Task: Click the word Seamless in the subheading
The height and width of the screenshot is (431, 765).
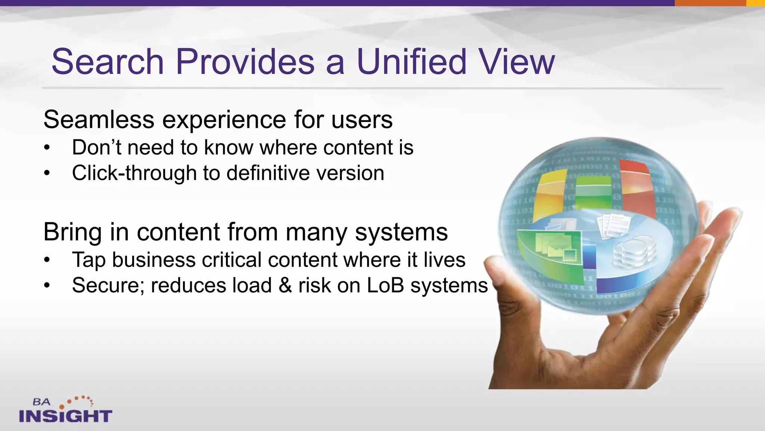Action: [99, 120]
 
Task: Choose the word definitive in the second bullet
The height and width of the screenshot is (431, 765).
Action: [268, 173]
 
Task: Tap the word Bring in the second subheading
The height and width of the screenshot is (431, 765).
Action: [72, 232]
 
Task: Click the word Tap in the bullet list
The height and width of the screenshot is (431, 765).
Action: [89, 260]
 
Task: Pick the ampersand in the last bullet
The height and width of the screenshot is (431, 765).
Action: [285, 285]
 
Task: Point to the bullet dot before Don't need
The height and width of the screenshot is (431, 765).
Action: [47, 148]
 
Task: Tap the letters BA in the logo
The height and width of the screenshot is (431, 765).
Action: [41, 402]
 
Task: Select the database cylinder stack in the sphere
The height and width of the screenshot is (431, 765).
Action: [634, 253]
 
